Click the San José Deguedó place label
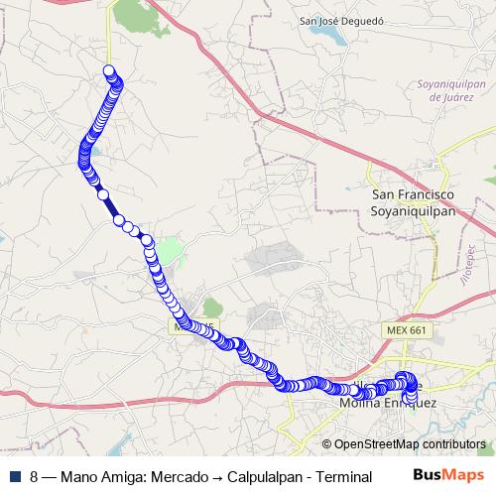(x=343, y=19)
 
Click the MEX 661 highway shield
(x=402, y=327)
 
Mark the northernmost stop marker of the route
(x=109, y=70)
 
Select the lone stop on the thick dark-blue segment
(x=103, y=195)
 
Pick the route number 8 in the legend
(x=34, y=476)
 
